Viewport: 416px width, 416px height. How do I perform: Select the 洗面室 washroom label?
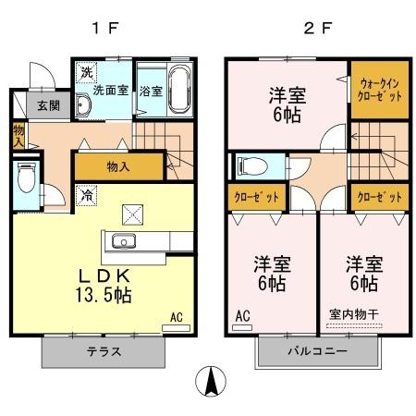pos(109,91)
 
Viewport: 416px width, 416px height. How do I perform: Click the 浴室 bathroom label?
pos(150,92)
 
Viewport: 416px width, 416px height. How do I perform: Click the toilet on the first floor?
pos(25,178)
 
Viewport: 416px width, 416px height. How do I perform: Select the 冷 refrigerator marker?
pos(86,196)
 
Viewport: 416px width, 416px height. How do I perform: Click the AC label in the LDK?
pos(176,317)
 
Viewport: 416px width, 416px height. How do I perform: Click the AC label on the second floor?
pos(242,317)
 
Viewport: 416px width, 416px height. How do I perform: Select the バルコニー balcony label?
pos(316,352)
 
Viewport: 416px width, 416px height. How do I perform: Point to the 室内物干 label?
pos(354,314)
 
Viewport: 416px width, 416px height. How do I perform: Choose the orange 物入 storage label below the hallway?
pos(119,167)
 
